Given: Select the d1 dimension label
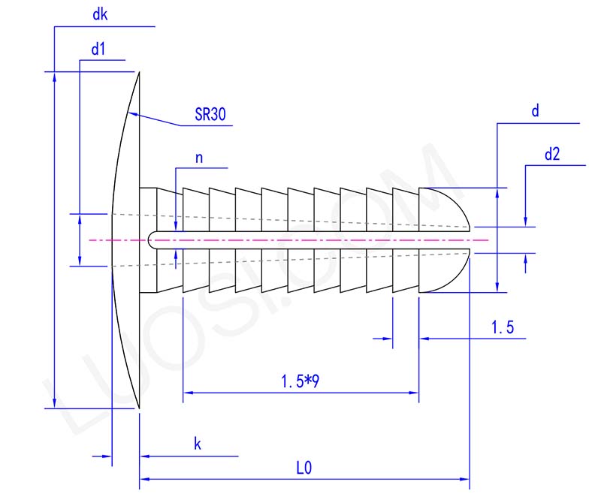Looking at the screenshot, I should point(98,49).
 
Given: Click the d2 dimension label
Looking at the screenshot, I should point(552,155).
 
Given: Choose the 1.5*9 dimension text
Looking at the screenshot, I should point(300,381).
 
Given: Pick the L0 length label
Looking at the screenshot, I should point(304,468).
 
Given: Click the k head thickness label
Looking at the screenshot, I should point(198,444).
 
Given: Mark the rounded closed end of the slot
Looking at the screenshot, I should point(152,240).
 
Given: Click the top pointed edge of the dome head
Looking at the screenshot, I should point(139,73).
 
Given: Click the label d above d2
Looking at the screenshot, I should point(535,111).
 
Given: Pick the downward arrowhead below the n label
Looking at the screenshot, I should point(175,227).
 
